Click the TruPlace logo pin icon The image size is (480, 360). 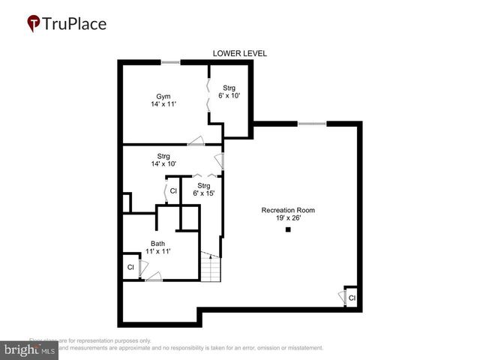point(34,24)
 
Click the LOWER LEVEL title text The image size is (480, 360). point(239,53)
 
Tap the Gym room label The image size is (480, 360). point(163,96)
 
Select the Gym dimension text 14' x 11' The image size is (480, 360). point(163,105)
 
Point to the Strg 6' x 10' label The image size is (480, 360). point(229,91)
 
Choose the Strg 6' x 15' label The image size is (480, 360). point(203,190)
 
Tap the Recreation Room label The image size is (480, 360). point(288,210)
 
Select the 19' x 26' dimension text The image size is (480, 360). point(288,219)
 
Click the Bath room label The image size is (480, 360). point(157,243)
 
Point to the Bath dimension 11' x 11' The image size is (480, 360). point(157,252)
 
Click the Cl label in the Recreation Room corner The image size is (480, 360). point(351,298)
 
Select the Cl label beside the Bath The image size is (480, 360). point(130,267)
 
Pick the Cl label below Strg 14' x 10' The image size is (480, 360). point(172,191)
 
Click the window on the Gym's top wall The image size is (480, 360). point(171,61)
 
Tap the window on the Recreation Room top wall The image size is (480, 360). point(311,122)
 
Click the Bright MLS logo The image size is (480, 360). point(30,349)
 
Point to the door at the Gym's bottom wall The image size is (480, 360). point(196,140)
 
